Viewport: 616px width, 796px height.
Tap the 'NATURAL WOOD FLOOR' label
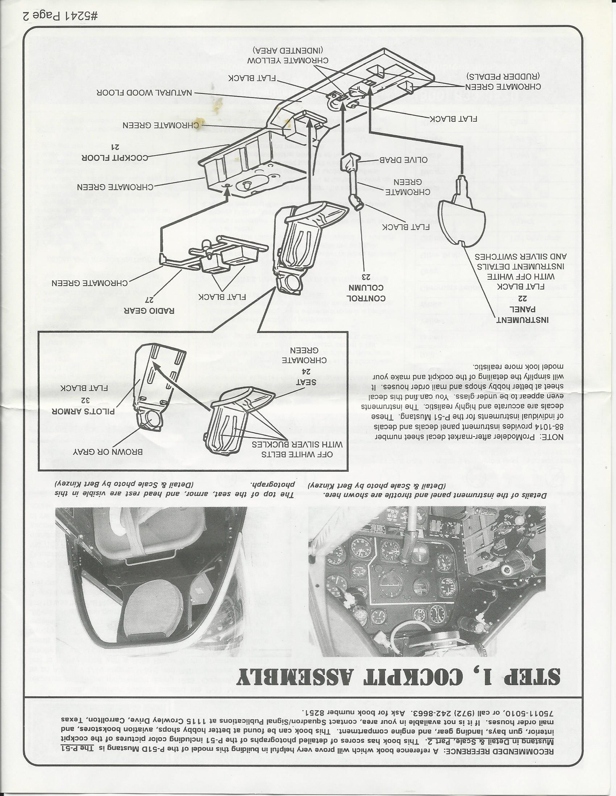point(144,93)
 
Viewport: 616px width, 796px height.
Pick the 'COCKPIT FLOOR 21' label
point(115,153)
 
